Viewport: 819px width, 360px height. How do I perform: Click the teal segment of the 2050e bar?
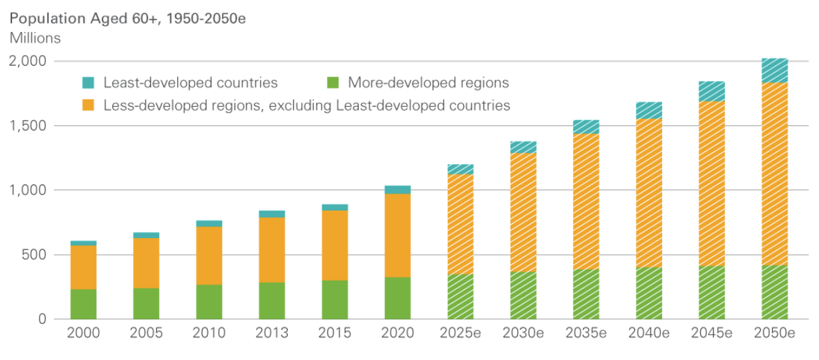point(775,70)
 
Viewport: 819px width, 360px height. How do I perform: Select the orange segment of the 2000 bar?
point(84,267)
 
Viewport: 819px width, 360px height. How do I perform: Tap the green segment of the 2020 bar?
point(398,298)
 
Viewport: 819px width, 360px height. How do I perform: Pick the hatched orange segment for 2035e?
point(586,201)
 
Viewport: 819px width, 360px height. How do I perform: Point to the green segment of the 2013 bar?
point(272,300)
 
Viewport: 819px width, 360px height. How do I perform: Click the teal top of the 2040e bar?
point(649,111)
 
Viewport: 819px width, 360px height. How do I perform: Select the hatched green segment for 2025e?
point(461,296)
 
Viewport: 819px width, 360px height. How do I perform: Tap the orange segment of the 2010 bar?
point(209,255)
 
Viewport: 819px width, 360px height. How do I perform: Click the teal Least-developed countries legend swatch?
point(89,83)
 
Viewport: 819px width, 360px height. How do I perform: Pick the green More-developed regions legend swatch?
point(333,83)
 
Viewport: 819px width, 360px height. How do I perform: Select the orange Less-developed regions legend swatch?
point(89,105)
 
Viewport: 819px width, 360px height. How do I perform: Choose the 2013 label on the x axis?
point(272,333)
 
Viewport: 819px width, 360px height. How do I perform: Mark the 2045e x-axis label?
point(712,333)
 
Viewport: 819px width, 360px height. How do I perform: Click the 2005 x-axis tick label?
point(146,333)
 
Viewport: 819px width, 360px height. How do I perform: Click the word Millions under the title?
point(35,38)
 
